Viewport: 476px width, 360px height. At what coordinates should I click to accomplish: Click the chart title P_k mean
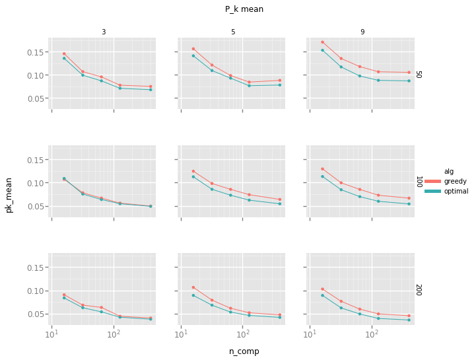pos(244,9)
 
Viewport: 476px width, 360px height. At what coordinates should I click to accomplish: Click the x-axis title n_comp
pos(244,351)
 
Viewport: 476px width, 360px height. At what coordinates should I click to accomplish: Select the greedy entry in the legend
pos(456,181)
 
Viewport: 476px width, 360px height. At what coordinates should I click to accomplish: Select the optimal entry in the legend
pos(456,191)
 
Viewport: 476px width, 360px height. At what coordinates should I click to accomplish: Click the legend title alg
pos(449,171)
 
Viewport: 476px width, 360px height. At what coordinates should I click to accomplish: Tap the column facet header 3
pos(104,32)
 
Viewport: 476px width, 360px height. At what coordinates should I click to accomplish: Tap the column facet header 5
pos(233,32)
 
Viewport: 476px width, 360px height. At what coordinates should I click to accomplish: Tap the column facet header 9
pos(362,32)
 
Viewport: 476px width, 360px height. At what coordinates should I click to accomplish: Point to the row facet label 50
pos(419,75)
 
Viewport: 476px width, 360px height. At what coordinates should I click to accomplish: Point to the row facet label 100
pos(419,182)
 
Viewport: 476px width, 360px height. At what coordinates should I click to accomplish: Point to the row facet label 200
pos(419,289)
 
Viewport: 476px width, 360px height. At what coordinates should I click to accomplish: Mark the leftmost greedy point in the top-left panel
pos(64,54)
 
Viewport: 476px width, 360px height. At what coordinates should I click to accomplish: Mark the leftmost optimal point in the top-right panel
pos(322,50)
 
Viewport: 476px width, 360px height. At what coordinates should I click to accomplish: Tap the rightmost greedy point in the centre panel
pos(279,199)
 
